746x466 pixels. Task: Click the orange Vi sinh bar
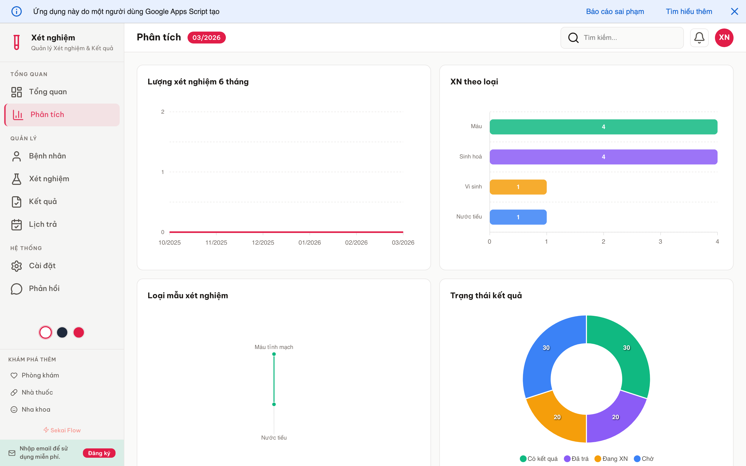pyautogui.click(x=518, y=187)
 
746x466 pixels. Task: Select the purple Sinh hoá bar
pyautogui.click(x=603, y=157)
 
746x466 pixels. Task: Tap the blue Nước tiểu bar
pyautogui.click(x=518, y=217)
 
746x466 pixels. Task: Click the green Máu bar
pyautogui.click(x=603, y=127)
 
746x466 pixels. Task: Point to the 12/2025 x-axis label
pyautogui.click(x=263, y=243)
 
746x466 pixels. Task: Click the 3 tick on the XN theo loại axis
pyautogui.click(x=660, y=242)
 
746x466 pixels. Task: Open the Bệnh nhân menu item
pyautogui.click(x=47, y=156)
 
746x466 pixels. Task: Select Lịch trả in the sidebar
pyautogui.click(x=43, y=224)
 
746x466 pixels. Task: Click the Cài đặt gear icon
pyautogui.click(x=17, y=266)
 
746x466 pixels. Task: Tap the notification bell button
pyautogui.click(x=699, y=38)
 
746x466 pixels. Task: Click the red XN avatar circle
pyautogui.click(x=724, y=38)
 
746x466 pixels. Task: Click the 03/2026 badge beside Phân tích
pyautogui.click(x=206, y=38)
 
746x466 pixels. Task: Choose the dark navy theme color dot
pyautogui.click(x=62, y=332)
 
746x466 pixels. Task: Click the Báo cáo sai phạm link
pyautogui.click(x=615, y=11)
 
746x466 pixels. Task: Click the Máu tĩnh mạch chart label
pyautogui.click(x=274, y=347)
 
